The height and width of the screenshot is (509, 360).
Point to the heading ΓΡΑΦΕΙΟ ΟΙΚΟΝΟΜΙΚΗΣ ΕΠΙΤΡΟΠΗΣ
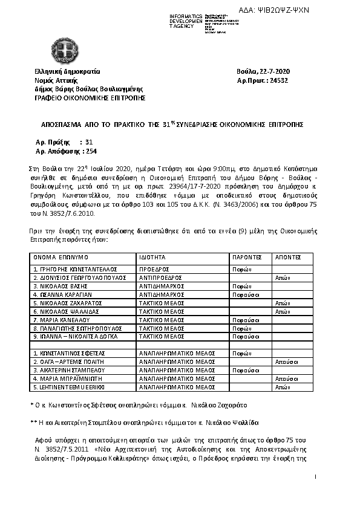tap(90, 97)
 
